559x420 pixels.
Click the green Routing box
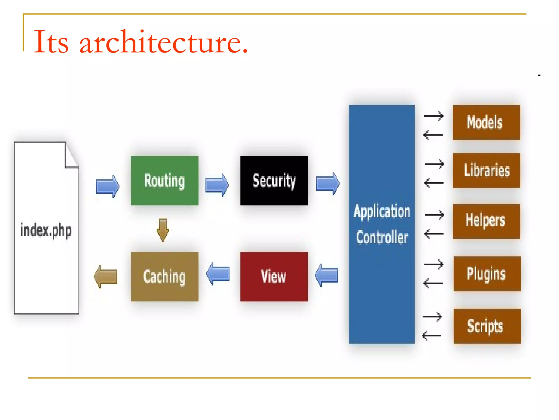point(165,180)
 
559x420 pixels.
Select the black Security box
point(274,180)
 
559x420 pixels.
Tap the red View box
point(274,276)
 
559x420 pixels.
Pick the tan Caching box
point(165,276)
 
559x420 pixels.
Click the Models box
point(486,122)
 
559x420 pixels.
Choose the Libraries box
point(486,170)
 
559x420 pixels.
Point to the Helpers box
point(486,221)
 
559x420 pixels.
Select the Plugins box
point(487,273)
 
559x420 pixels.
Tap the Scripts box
point(487,326)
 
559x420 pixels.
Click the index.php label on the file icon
point(46,230)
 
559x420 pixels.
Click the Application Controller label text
point(382,224)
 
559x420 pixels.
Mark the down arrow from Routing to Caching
point(163,230)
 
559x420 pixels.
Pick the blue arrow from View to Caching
point(218,274)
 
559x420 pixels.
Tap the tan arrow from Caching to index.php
point(106,276)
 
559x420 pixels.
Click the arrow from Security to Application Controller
point(328,183)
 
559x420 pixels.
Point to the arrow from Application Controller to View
point(326,275)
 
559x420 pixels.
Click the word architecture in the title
point(164,42)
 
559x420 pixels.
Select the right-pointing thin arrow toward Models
point(434,116)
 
